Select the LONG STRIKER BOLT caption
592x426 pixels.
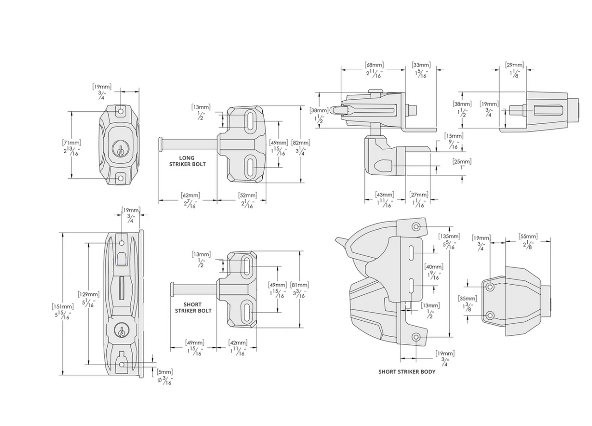[x=187, y=161]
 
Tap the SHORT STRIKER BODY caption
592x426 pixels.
[x=407, y=371]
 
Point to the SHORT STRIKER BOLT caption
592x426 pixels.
[x=193, y=308]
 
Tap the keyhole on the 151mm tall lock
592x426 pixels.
[x=121, y=330]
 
